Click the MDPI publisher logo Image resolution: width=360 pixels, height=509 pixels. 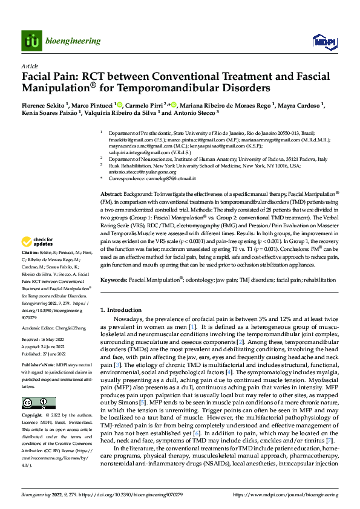coord(320,41)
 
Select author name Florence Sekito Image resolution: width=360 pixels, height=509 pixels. coord(44,104)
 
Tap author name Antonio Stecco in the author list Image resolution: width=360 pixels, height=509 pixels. coord(195,112)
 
